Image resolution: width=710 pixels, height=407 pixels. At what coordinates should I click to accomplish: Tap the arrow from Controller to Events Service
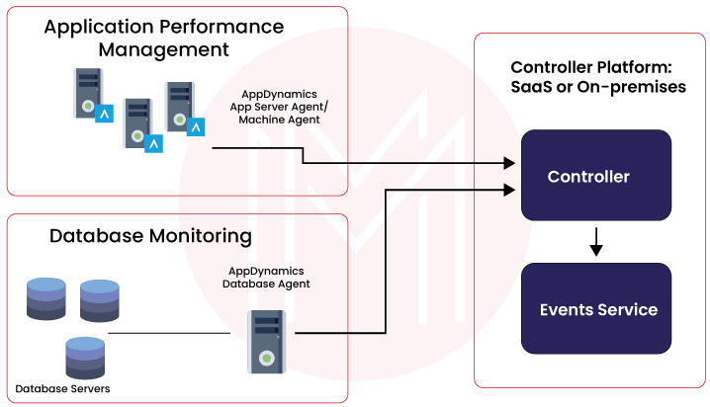point(595,241)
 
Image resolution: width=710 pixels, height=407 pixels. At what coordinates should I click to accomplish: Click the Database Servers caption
point(62,388)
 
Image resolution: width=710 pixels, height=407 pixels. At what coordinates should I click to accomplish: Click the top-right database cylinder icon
point(99,299)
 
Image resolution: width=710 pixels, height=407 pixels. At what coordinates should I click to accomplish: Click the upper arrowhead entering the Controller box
point(512,161)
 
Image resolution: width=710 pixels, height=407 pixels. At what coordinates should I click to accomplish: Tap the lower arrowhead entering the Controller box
point(512,187)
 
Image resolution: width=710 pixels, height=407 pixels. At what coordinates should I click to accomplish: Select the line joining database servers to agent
point(178,333)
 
